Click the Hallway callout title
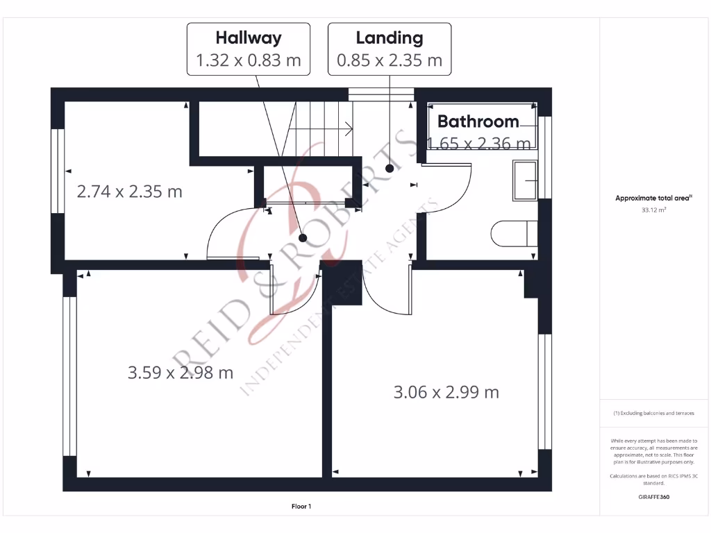(x=249, y=37)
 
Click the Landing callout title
(x=389, y=37)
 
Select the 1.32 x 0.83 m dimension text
(x=249, y=60)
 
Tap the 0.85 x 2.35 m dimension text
(x=389, y=60)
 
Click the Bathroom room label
(x=478, y=121)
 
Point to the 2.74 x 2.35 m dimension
(x=129, y=192)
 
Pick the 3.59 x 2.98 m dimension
(x=181, y=373)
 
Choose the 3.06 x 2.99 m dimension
(x=446, y=392)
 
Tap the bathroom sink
(x=525, y=180)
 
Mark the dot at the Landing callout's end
(x=390, y=167)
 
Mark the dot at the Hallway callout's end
(x=303, y=237)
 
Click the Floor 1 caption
(x=301, y=507)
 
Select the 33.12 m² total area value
(x=653, y=208)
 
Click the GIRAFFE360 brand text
(x=653, y=497)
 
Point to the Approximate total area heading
(x=653, y=198)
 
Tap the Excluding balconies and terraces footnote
(x=653, y=413)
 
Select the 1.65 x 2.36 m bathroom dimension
(x=479, y=144)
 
